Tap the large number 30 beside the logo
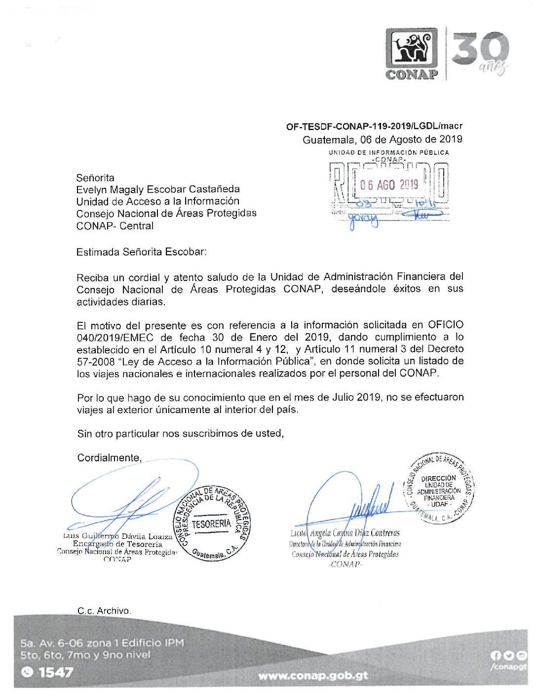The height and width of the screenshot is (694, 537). pos(480,49)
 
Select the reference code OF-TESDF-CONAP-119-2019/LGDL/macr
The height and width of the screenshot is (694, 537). pos(374,127)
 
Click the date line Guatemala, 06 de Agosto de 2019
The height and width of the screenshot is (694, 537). pos(383,139)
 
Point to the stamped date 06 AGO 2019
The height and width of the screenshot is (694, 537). pos(389,185)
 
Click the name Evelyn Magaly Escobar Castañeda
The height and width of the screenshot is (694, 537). pos(158,190)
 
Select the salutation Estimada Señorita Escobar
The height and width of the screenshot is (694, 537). pos(141,252)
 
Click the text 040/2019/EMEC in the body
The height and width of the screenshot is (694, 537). pos(115,338)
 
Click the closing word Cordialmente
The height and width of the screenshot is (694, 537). pos(109,458)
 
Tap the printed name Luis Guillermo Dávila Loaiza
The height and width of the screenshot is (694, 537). pos(118,536)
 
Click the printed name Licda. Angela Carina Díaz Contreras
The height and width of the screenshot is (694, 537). pos(345,533)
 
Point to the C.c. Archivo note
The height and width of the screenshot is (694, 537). pos(104,611)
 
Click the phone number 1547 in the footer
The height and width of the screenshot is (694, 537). pos(56,672)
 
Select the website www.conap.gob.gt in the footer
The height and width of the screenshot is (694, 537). pos(313,676)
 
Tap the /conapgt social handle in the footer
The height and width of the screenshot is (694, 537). pos(508,667)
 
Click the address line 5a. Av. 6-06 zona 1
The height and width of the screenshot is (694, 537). pos(102,643)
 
